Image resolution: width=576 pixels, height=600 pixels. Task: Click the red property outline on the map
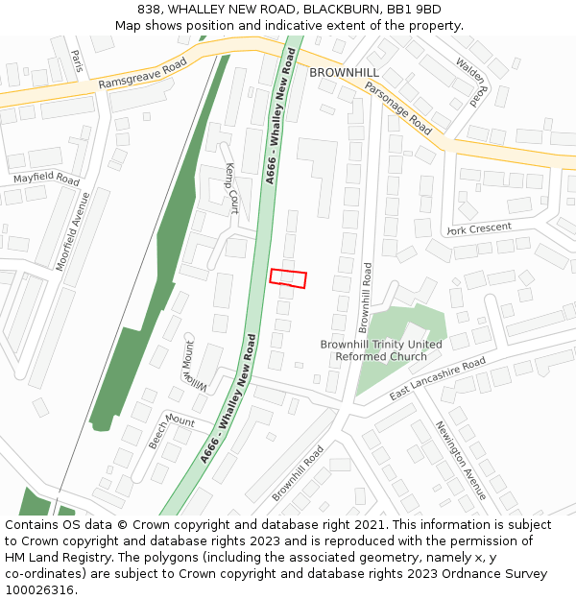[x=288, y=277]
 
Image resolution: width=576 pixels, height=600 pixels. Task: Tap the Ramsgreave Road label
[x=142, y=75]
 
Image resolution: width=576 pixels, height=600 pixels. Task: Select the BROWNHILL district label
[x=344, y=72]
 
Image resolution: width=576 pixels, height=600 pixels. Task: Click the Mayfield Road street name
[x=46, y=180]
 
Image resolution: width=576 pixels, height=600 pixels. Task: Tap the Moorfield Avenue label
[x=73, y=230]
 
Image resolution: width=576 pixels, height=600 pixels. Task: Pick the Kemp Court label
[x=231, y=187]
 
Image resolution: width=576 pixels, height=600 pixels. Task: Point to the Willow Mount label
[x=196, y=369]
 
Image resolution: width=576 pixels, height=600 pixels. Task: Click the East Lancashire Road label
[x=437, y=381]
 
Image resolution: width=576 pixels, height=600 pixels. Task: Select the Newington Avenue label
[x=462, y=460]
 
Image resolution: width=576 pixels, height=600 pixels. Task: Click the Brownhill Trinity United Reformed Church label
[x=381, y=350]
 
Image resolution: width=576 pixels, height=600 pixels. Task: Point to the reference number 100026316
[x=41, y=589]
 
